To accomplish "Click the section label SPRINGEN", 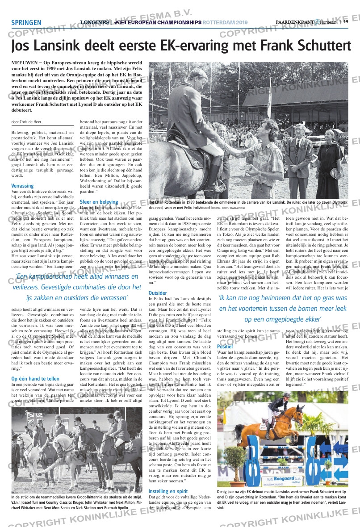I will pyautogui.click(x=26, y=23).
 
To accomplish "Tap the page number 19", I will pyautogui.click(x=346, y=22).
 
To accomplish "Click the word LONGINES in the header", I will pyautogui.click(x=94, y=22).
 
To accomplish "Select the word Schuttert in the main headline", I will pyautogui.click(x=320, y=46).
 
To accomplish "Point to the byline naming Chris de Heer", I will pyautogui.click(x=26, y=122).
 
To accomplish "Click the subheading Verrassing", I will pyautogui.click(x=22, y=186).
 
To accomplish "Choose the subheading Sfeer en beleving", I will pyautogui.click(x=99, y=202).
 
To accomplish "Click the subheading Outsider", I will pyautogui.click(x=157, y=293).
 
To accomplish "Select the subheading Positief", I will pyautogui.click(x=225, y=346).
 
